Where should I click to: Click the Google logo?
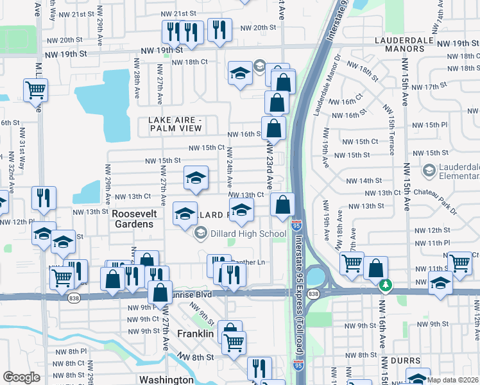coord(21,377)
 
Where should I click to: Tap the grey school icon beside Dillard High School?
coord(201,233)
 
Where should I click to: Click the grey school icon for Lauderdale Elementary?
coord(429,170)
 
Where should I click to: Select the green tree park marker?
coord(385,284)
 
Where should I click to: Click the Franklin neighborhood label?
coord(195,334)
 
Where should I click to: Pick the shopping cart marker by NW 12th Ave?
coord(460,262)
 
